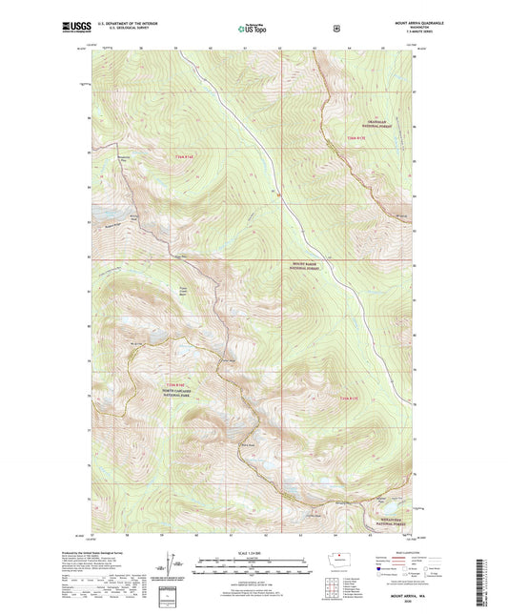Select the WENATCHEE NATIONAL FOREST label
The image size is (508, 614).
(x=386, y=521)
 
